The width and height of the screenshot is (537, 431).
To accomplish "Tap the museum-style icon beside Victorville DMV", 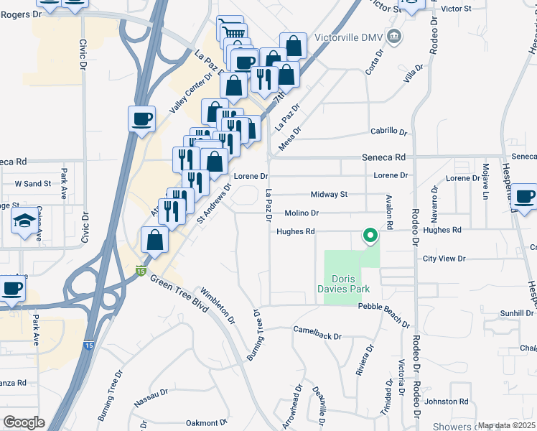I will pos(393,36).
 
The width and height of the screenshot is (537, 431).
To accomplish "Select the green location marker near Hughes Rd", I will pos(370,236).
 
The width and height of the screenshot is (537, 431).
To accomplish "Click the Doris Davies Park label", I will pos(350,284).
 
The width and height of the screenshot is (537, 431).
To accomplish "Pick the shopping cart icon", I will pos(230,31).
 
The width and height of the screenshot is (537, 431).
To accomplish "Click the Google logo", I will pos(24,422).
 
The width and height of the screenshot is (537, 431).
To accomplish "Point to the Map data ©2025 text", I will pos(507,425).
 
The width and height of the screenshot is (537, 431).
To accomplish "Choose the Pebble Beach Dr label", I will pos(384,307).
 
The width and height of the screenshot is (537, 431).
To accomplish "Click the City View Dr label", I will pos(444,259).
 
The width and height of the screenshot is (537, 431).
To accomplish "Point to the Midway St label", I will pos(329,194).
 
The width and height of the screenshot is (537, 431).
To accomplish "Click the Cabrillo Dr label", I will pos(388,131).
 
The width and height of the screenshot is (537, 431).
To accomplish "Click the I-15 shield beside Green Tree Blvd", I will pos(141,269).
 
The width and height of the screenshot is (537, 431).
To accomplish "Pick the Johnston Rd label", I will pos(449,402).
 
